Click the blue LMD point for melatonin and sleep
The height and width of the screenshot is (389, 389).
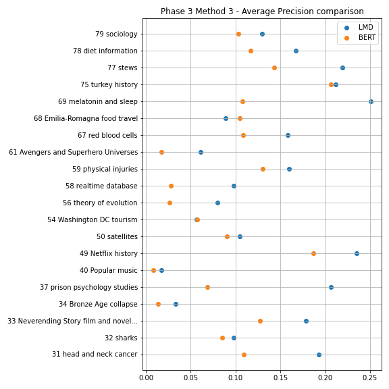[371, 101]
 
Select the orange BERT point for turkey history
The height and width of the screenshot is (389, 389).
[331, 84]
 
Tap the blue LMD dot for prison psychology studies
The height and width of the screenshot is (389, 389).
[331, 287]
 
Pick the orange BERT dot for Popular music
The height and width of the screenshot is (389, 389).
[153, 270]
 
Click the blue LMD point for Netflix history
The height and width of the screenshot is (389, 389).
[357, 253]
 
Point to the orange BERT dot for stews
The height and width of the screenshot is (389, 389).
[274, 68]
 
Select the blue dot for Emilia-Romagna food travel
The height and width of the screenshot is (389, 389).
[226, 118]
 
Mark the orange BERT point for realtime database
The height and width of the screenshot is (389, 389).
[171, 186]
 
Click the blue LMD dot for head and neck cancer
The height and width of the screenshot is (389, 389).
[319, 355]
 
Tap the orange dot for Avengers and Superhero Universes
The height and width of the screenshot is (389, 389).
[161, 152]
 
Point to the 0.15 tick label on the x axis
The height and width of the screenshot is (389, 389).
[280, 378]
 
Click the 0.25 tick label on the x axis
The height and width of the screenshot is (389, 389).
[370, 378]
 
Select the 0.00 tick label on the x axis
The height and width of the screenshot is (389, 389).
[146, 378]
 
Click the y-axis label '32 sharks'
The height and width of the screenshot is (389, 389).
[121, 338]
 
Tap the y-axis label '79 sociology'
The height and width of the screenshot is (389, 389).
[116, 34]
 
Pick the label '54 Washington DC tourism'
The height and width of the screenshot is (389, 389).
[93, 219]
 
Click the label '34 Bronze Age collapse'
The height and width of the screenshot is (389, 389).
[98, 304]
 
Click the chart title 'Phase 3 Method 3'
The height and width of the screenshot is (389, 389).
[197, 11]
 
